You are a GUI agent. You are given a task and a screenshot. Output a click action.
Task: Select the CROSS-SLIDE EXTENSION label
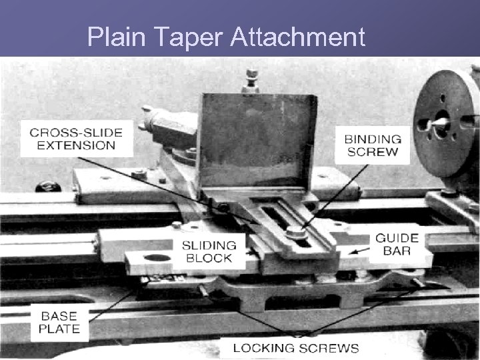(73, 137)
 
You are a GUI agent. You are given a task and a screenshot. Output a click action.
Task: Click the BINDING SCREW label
(373, 145)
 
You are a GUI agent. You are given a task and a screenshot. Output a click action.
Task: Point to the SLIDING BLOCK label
(209, 251)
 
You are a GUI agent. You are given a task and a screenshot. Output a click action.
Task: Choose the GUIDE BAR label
(397, 244)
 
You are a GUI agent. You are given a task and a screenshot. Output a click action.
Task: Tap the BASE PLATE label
(59, 322)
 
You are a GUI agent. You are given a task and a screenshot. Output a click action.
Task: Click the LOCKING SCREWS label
(295, 348)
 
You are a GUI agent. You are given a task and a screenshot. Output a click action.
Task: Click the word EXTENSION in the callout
(73, 145)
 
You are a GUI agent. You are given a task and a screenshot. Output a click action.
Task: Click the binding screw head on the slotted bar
(296, 231)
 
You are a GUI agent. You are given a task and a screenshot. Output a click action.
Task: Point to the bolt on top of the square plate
(251, 80)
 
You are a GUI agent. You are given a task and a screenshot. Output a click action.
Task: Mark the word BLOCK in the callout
(209, 257)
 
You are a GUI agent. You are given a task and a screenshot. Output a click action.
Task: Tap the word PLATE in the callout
(59, 328)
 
